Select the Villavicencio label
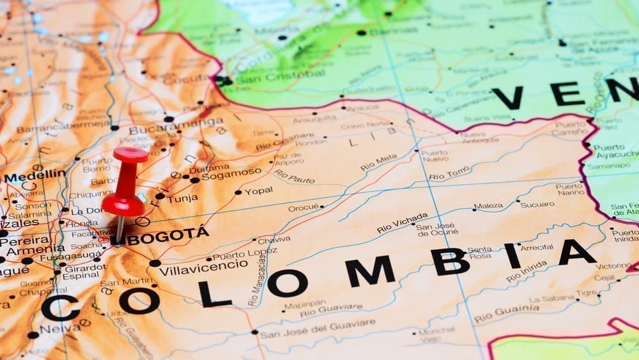203,263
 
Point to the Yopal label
258,191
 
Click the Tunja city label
183,199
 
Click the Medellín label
35,174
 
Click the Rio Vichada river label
402,223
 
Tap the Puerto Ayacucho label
615,151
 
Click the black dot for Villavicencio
155,263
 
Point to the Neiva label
60,329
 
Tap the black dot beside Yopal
238,192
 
